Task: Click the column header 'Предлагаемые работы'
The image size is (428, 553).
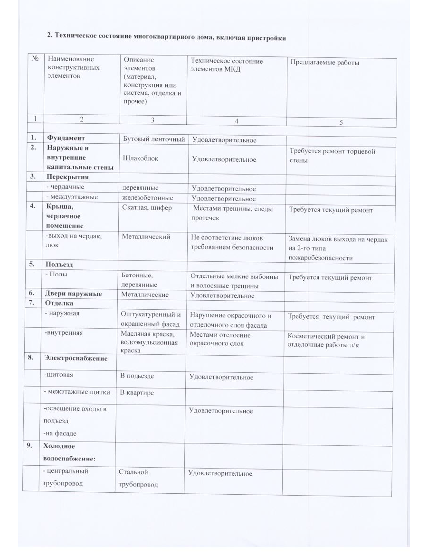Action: (315, 63)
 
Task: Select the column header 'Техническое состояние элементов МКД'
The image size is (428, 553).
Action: (226, 65)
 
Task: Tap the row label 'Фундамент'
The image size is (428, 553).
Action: (66, 138)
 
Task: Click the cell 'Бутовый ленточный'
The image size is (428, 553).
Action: (153, 139)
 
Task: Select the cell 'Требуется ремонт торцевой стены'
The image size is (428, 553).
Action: (332, 156)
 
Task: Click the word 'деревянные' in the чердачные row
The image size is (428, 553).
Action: (141, 188)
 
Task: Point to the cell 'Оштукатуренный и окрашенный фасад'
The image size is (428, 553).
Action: (151, 320)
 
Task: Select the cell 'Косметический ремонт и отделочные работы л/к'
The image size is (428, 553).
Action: (326, 341)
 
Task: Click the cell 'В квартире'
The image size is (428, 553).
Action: (137, 393)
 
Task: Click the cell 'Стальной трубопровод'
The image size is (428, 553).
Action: (138, 478)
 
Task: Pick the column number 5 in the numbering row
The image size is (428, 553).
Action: (341, 122)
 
